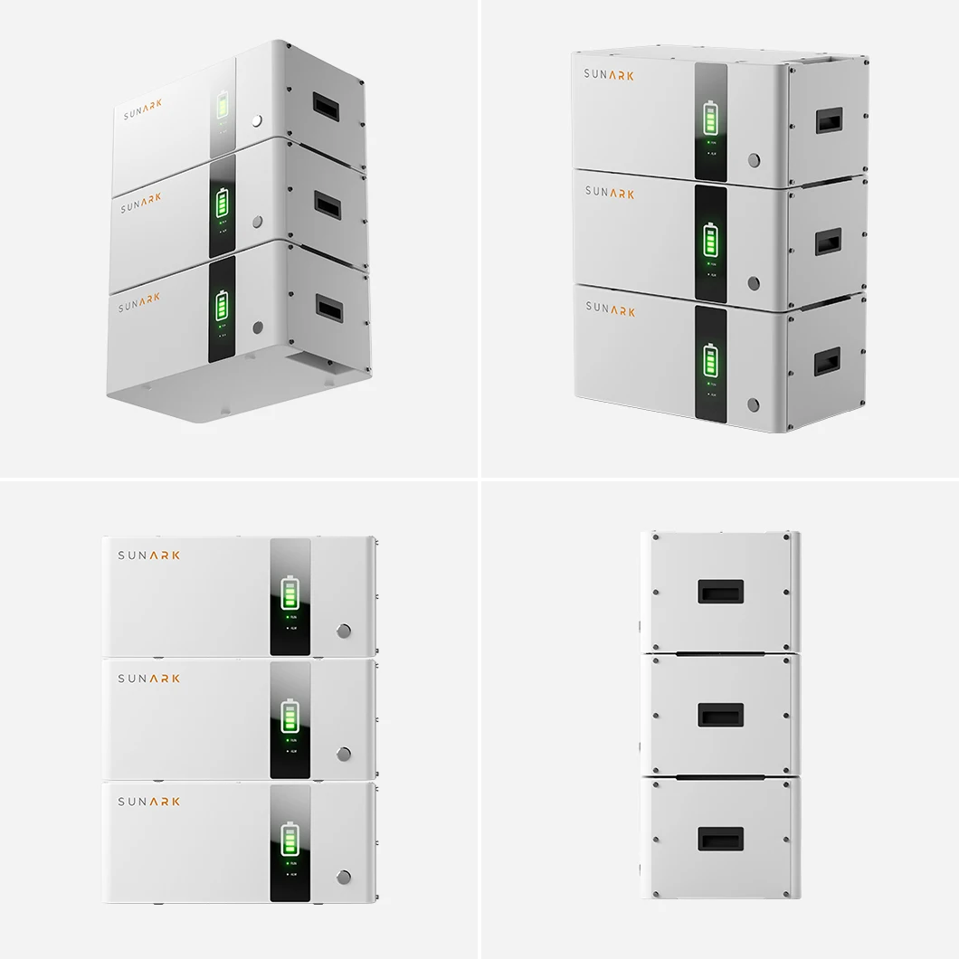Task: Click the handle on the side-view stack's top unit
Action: pyautogui.click(x=721, y=592)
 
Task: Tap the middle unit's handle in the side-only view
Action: pyautogui.click(x=721, y=716)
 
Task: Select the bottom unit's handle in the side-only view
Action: pyautogui.click(x=721, y=839)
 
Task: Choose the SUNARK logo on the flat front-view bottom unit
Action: pyautogui.click(x=149, y=802)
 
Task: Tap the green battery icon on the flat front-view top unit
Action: pyautogui.click(x=290, y=593)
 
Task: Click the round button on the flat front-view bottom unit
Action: pyautogui.click(x=344, y=877)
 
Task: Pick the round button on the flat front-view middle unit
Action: pyautogui.click(x=344, y=754)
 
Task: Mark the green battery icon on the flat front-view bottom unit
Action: pyautogui.click(x=290, y=840)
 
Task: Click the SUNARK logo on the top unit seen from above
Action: pyautogui.click(x=610, y=75)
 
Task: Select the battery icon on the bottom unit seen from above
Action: pyautogui.click(x=710, y=359)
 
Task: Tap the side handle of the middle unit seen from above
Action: pyautogui.click(x=828, y=242)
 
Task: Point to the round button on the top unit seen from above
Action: pyautogui.click(x=755, y=160)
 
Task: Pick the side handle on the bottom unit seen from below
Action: pyautogui.click(x=328, y=309)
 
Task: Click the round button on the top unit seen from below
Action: pyautogui.click(x=259, y=119)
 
